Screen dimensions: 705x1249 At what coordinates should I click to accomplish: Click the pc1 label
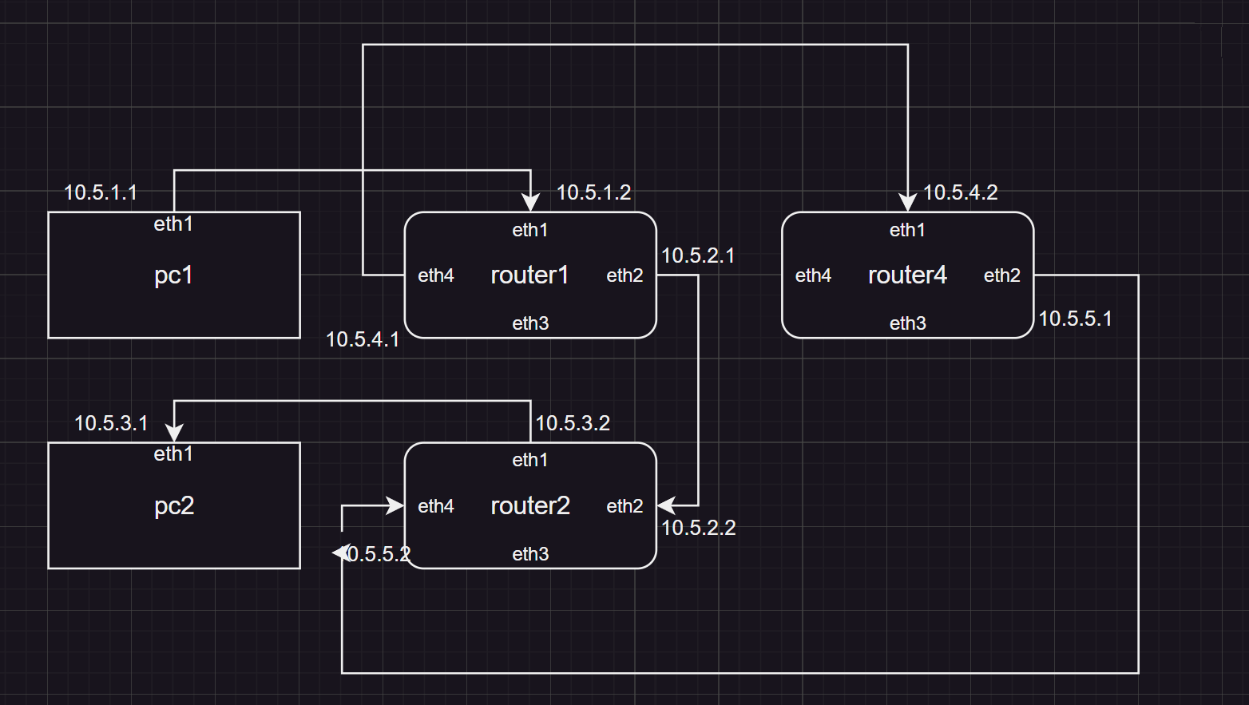173,275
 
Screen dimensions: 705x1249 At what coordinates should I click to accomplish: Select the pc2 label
173,505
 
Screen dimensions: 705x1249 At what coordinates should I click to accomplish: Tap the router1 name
529,275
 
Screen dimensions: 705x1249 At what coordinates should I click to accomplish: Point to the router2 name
530,505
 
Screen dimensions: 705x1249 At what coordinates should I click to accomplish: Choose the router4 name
907,275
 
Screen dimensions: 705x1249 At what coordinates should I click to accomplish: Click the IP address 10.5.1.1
101,192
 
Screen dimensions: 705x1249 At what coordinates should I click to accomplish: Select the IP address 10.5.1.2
593,192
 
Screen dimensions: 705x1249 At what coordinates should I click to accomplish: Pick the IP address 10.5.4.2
960,192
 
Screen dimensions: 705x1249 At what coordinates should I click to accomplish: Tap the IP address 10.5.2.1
698,255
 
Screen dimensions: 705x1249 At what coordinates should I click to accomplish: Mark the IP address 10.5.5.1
1075,319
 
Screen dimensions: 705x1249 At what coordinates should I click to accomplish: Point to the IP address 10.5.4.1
363,339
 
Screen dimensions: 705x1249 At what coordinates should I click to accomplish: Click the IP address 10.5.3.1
111,423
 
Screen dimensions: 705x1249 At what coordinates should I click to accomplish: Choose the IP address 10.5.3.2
573,423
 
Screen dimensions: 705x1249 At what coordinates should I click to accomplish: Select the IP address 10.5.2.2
699,528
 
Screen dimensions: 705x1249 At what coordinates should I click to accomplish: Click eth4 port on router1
436,275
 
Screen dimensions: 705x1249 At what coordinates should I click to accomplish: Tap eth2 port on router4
1002,275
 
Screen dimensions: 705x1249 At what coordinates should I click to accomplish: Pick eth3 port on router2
530,554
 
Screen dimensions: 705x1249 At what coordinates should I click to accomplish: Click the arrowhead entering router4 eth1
907,202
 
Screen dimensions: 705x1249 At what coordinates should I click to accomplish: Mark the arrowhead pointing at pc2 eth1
174,432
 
